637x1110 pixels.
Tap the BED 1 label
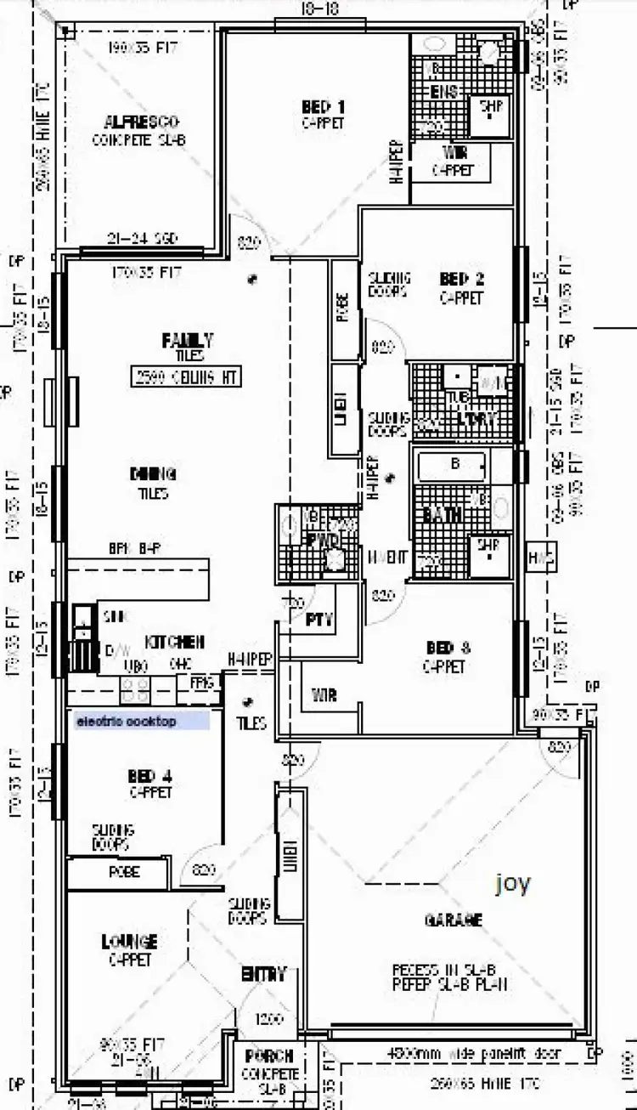323,107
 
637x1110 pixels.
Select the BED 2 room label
461,279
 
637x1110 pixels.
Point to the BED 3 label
448,648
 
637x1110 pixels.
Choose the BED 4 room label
150,775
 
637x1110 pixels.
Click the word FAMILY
187,340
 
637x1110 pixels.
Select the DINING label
153,474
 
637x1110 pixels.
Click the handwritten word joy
514,884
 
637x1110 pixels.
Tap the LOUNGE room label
129,942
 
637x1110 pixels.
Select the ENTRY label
262,974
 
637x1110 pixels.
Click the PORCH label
268,1056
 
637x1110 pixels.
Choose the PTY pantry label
318,621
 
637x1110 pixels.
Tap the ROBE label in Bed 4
124,872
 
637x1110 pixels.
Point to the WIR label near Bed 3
324,696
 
